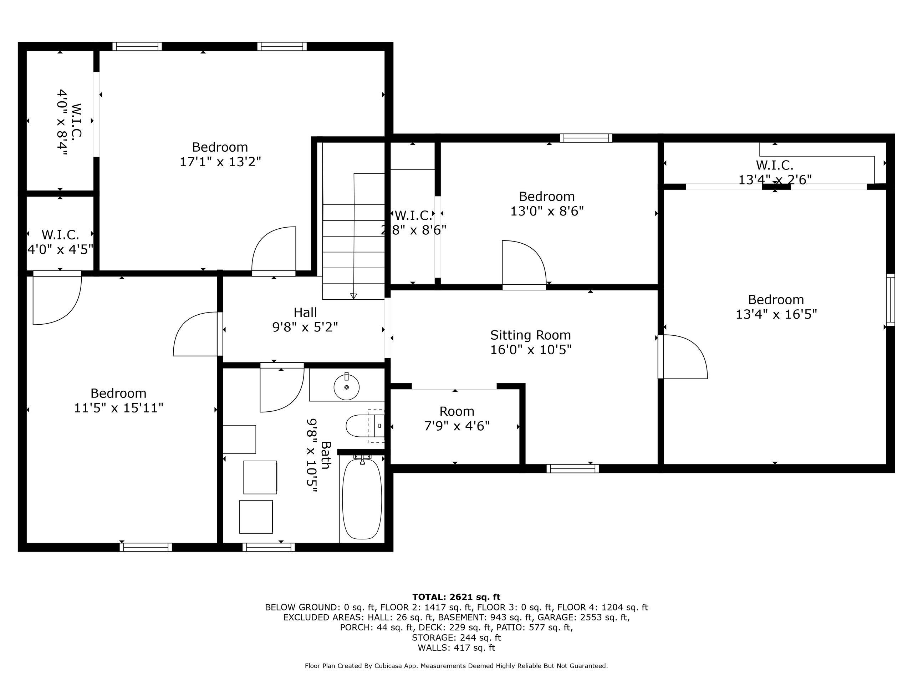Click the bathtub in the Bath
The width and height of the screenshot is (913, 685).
pyautogui.click(x=362, y=499)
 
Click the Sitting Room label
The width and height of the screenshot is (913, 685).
pyautogui.click(x=530, y=335)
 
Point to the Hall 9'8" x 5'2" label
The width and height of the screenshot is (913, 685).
pyautogui.click(x=305, y=320)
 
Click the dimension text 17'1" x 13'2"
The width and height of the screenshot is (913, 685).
pyautogui.click(x=220, y=162)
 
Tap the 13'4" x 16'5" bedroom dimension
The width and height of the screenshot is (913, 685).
pyautogui.click(x=776, y=314)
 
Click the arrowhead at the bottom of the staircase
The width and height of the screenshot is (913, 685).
pyautogui.click(x=354, y=296)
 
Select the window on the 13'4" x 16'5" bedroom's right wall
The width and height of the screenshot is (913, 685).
pyautogui.click(x=890, y=299)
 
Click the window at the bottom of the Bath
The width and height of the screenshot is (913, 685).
pyautogui.click(x=269, y=547)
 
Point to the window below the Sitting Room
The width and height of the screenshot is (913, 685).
pyautogui.click(x=572, y=468)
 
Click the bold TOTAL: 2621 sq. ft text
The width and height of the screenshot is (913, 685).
pyautogui.click(x=456, y=597)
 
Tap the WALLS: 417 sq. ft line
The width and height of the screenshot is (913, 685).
pyautogui.click(x=456, y=648)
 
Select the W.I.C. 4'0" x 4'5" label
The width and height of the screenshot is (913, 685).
pyautogui.click(x=60, y=242)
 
